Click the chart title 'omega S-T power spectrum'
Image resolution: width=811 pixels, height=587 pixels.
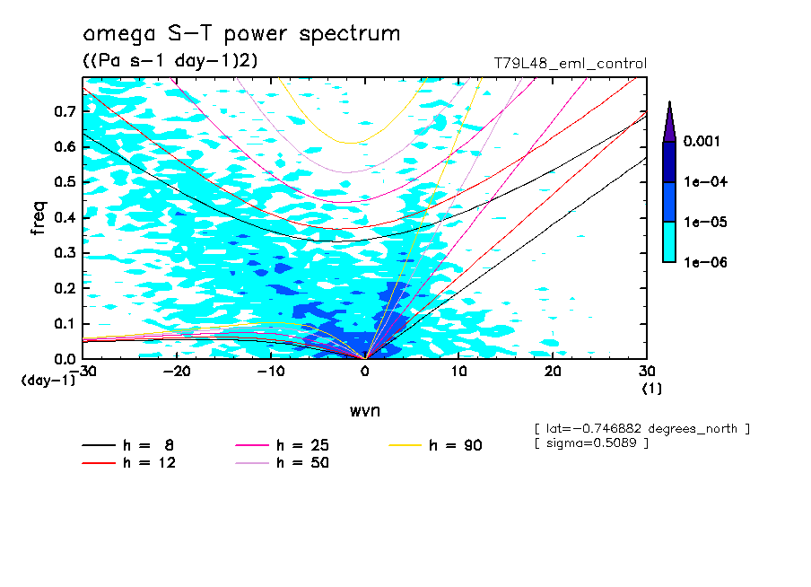coord(240,34)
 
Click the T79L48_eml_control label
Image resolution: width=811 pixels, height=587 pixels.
coord(570,64)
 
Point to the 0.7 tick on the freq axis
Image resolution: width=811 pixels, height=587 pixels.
coord(65,111)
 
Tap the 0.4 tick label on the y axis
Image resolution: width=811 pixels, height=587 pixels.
coord(65,217)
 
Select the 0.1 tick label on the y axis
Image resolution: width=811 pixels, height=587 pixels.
coord(65,323)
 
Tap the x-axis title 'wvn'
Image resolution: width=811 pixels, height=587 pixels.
coord(364,410)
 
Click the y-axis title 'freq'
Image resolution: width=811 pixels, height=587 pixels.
coord(39,218)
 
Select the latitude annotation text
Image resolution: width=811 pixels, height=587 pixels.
coord(641,429)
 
